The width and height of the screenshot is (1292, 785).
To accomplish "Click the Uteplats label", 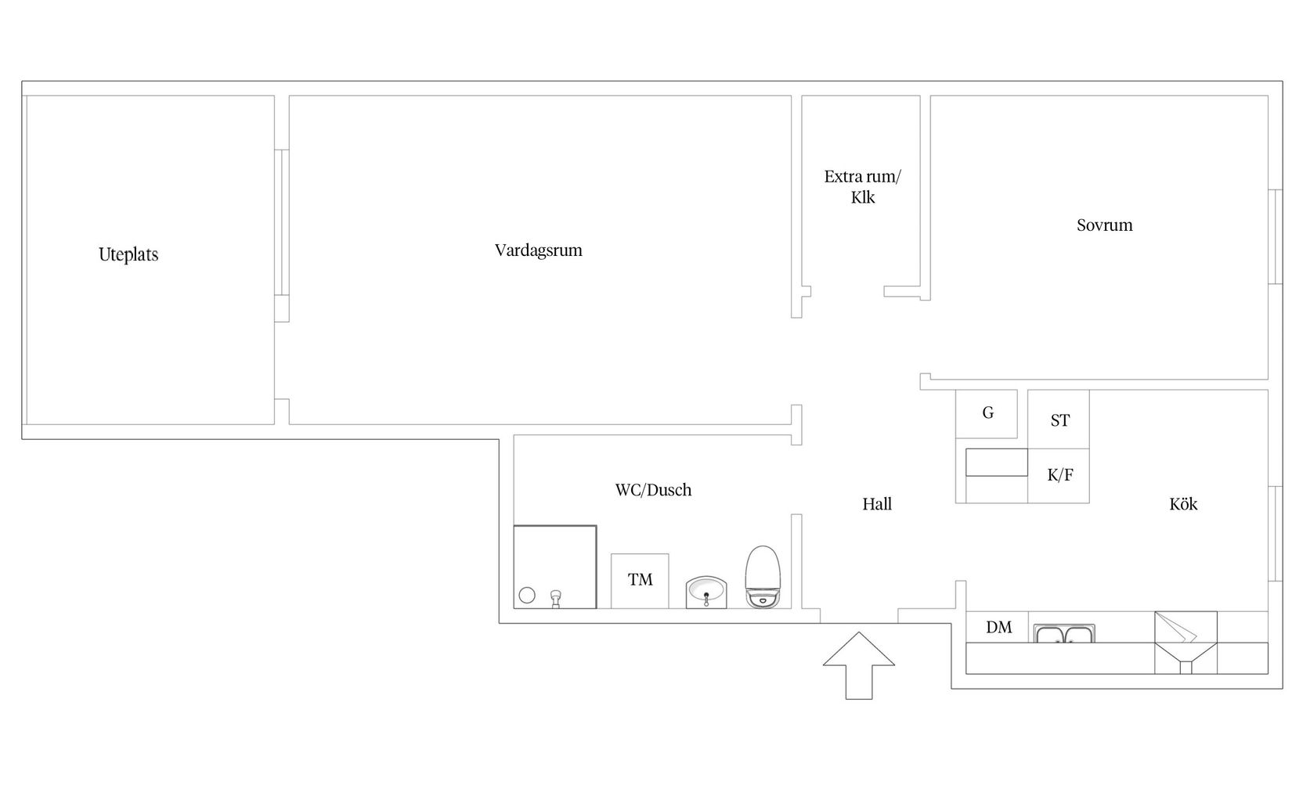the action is (x=128, y=254).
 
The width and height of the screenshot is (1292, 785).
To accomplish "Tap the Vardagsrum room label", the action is (x=539, y=250).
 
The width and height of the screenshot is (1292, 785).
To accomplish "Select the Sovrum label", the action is (x=1105, y=225).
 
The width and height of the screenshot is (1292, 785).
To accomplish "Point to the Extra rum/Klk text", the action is (x=862, y=187).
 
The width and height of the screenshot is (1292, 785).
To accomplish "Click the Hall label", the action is (x=877, y=504).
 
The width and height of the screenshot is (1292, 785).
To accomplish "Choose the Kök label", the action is (x=1183, y=504).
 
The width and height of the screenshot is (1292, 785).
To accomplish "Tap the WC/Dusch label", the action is (x=653, y=490).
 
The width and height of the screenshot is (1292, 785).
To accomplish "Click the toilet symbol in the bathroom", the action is (x=763, y=577).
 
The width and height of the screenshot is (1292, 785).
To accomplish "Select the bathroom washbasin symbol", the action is (x=706, y=592).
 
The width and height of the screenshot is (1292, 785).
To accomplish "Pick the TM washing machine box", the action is (x=640, y=581).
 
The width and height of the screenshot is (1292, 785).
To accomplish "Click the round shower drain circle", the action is (x=527, y=596).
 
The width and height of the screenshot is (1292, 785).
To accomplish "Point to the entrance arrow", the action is (x=859, y=666).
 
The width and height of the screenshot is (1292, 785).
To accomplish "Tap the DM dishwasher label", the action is (x=998, y=627).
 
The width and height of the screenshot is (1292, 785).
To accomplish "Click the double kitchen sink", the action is (x=1064, y=633).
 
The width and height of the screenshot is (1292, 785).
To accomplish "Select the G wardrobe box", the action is (x=987, y=414).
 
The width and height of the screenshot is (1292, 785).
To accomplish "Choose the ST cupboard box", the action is (x=1059, y=420).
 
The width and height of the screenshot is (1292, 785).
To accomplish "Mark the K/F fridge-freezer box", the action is (x=1059, y=476).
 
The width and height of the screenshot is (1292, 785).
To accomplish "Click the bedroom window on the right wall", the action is (x=1276, y=236).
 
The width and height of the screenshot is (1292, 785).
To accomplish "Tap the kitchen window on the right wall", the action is (x=1276, y=534).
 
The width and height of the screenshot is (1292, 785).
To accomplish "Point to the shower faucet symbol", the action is (x=555, y=599).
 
